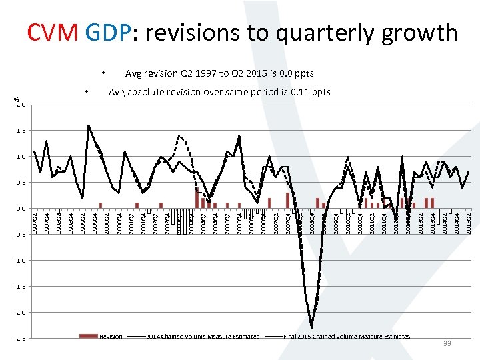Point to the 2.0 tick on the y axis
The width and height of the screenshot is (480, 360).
tap(21, 105)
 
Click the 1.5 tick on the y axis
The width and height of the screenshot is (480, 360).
tap(21, 131)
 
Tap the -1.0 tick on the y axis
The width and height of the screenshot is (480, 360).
tap(20, 261)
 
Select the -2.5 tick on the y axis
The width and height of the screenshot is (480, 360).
tap(20, 339)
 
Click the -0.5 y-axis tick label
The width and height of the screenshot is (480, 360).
tap(20, 235)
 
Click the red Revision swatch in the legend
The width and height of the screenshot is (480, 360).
tap(88, 337)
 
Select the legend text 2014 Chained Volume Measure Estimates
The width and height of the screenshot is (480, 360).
tap(202, 337)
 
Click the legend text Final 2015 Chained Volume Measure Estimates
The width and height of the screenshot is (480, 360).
tap(347, 337)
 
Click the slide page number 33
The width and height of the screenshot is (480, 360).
tap(447, 343)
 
